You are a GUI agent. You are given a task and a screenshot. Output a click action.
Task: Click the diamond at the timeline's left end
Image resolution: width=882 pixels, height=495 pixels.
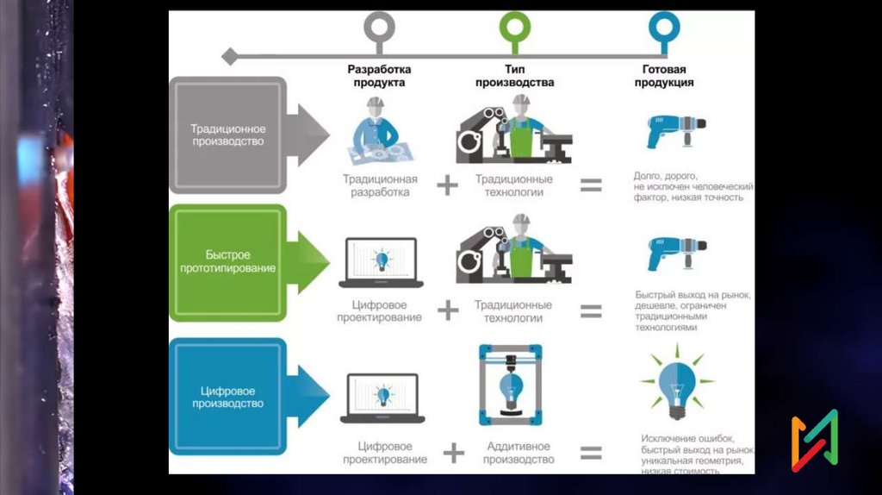pos(229,56)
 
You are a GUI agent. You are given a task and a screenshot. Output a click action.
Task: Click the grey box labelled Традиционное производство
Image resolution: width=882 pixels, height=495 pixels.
pos(227,135)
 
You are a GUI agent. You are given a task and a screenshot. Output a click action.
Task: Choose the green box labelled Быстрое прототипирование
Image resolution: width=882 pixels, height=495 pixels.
pos(227,262)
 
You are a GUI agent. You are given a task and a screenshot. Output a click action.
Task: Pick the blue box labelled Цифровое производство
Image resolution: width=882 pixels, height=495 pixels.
pos(227,397)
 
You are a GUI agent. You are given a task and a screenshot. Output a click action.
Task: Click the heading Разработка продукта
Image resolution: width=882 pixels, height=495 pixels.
pos(380,76)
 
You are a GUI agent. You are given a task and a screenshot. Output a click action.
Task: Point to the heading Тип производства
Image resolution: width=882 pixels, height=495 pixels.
pos(514,76)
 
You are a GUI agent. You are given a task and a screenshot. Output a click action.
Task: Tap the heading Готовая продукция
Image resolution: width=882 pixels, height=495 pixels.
pos(664,76)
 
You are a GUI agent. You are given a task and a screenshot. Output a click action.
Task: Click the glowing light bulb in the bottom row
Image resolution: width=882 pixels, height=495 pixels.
pos(676,385)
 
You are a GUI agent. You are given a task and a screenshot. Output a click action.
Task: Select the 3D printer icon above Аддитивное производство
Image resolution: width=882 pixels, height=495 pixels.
pos(511,385)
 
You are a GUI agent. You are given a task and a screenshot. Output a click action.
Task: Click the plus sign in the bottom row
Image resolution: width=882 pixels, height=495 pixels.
pos(453,453)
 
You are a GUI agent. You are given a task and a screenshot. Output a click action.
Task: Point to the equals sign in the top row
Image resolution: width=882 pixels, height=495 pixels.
pos(591,185)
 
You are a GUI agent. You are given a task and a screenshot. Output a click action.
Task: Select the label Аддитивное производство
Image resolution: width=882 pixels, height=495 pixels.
pos(519,453)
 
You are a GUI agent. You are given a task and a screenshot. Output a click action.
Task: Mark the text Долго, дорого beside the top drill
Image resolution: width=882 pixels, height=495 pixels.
pos(665,175)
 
